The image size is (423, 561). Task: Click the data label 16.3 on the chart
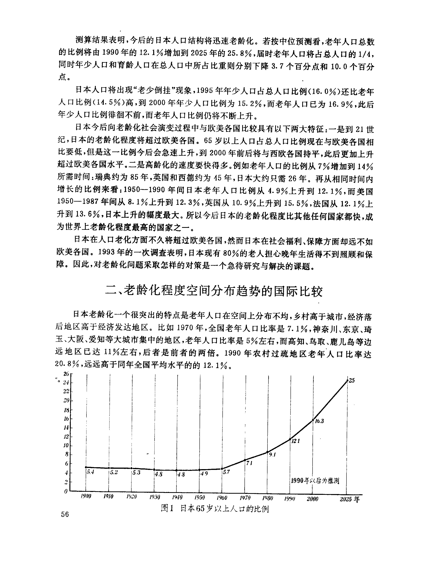tap(319, 421)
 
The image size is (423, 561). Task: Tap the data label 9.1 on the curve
tap(272, 455)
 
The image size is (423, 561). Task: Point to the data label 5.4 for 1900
tap(91, 472)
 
